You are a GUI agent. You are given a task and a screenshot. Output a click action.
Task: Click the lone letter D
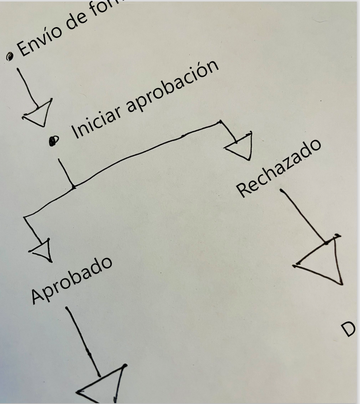click(348, 329)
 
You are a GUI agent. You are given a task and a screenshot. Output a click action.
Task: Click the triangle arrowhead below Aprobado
click(102, 385)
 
